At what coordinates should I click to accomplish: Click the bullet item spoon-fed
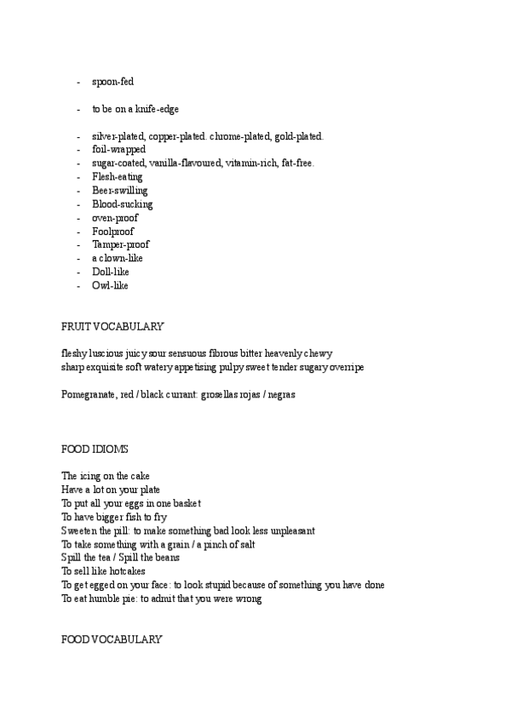(x=112, y=82)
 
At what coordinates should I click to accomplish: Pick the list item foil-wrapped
(x=118, y=150)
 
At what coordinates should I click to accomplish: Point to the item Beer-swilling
(x=119, y=191)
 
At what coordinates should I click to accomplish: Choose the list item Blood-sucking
(x=122, y=204)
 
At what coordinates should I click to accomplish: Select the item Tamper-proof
(x=120, y=244)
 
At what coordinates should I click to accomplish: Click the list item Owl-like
(x=110, y=285)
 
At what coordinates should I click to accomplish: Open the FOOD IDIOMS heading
(x=95, y=449)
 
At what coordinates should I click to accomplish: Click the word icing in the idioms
(x=90, y=476)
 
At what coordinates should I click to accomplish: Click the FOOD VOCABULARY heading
(x=112, y=639)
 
